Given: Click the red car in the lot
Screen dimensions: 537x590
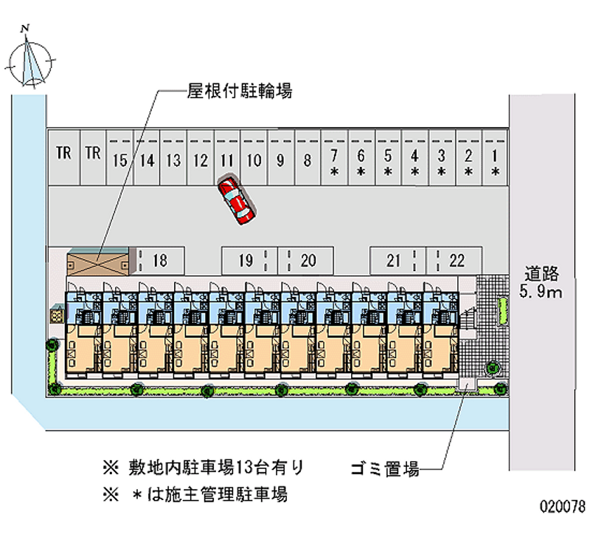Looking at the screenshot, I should pyautogui.click(x=236, y=199).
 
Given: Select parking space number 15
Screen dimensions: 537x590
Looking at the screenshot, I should pyautogui.click(x=120, y=160).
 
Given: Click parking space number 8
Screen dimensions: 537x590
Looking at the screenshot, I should pyautogui.click(x=307, y=160).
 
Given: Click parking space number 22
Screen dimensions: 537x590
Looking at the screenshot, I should pyautogui.click(x=457, y=260).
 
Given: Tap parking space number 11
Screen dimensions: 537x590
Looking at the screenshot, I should pyautogui.click(x=226, y=160).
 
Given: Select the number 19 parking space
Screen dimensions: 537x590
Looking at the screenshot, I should pyautogui.click(x=246, y=260).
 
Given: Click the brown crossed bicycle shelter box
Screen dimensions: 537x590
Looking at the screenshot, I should pyautogui.click(x=97, y=262).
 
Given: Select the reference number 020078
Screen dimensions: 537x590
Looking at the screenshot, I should pyautogui.click(x=563, y=508).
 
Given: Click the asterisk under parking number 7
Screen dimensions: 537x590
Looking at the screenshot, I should pyautogui.click(x=334, y=172).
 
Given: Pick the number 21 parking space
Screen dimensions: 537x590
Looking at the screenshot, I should pyautogui.click(x=394, y=260).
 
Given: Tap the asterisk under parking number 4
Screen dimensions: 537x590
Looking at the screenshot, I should pyautogui.click(x=415, y=172).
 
